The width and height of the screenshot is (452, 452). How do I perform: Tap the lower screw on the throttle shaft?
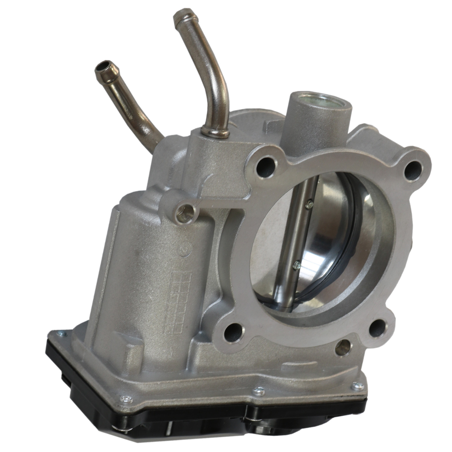click(x=296, y=265)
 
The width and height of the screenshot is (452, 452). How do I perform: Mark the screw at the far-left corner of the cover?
click(x=60, y=334)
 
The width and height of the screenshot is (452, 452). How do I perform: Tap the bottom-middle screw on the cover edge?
click(x=258, y=391)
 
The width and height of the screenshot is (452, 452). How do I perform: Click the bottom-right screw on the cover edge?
click(x=357, y=385)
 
